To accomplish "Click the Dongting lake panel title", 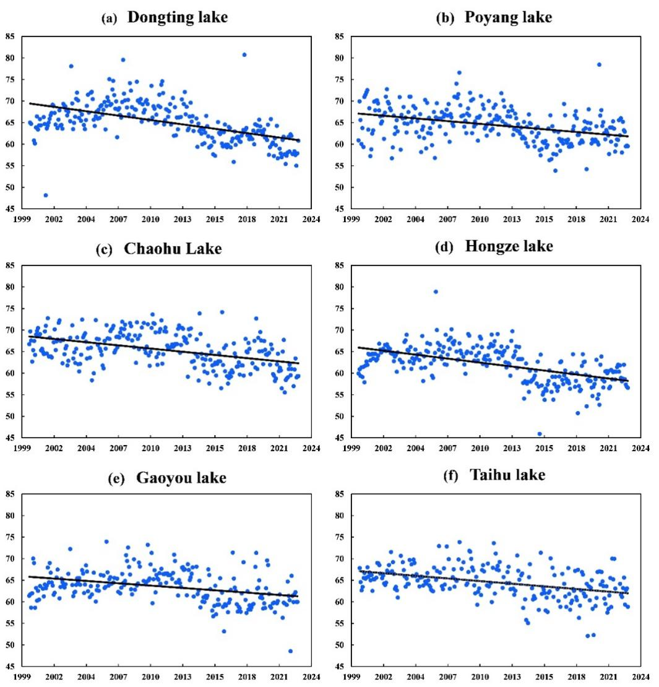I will point(178,18).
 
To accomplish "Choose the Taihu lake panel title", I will point(507,475).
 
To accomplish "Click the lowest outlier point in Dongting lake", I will point(46,196).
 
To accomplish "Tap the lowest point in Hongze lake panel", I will point(540,434).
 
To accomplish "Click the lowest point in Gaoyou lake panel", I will point(290,650).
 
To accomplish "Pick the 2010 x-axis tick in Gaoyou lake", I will point(150,676).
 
